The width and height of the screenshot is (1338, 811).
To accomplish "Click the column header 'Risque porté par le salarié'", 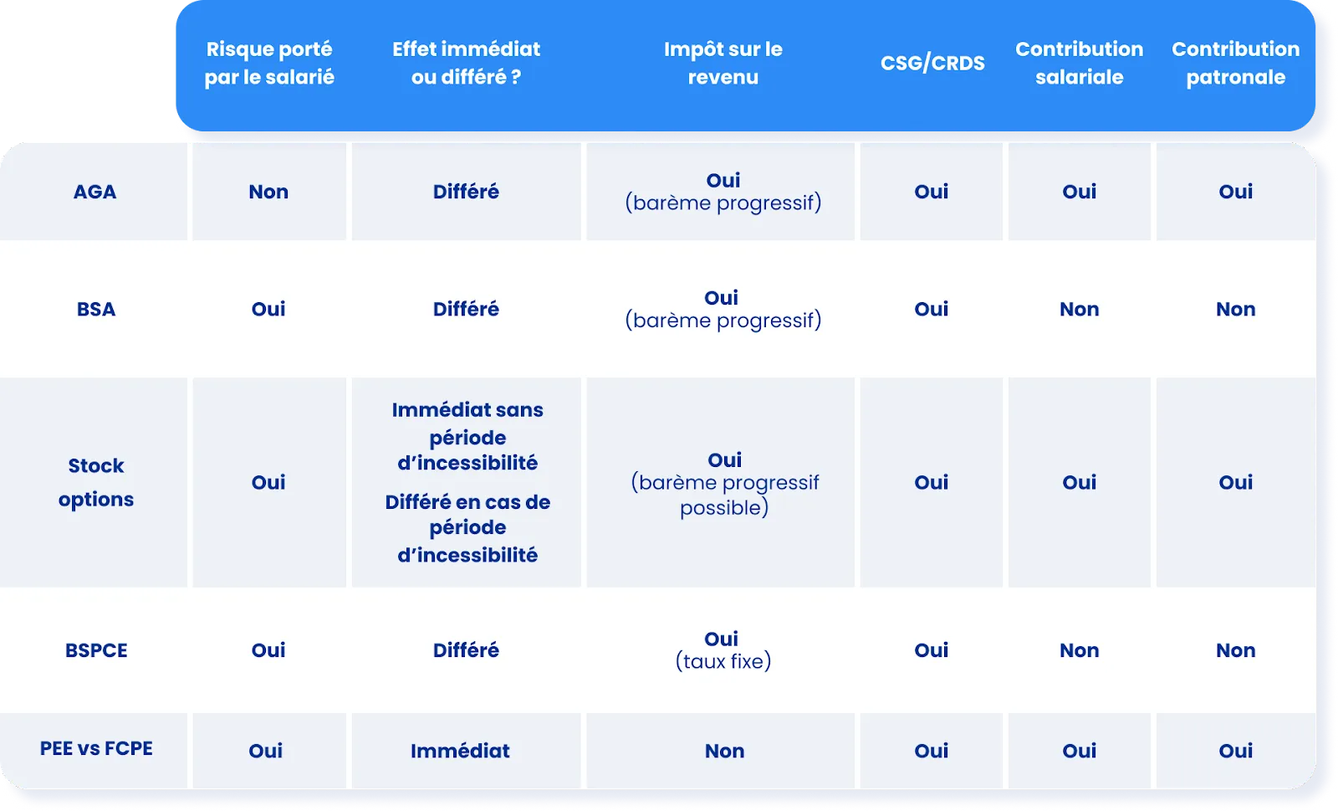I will coord(269,63).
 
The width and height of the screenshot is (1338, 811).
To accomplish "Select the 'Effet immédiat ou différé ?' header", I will coord(467,63).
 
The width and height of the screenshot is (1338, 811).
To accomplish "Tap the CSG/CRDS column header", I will coord(932,63).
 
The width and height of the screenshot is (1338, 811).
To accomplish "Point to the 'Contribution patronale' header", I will coord(1235,63).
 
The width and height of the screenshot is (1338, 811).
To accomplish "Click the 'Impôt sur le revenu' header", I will coord(723,63).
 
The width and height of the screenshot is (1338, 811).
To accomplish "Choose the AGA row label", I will coord(94,192).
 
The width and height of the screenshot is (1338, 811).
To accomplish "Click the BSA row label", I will coord(96,309).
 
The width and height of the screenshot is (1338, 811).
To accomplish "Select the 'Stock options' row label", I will coord(96,482).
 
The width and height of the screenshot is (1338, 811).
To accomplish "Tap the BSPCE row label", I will coord(96,650).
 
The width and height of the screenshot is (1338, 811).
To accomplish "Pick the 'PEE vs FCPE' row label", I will coord(96,748).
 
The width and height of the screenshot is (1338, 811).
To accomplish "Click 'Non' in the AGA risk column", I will coord(268,192).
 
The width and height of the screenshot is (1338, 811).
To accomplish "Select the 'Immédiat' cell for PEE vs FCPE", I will coord(460,751).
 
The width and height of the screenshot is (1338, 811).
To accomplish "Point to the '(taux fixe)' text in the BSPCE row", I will coord(723,662).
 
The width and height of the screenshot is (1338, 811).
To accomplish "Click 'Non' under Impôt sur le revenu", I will coord(724,751).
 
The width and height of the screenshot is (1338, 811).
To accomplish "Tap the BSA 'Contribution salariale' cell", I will coord(1079,309).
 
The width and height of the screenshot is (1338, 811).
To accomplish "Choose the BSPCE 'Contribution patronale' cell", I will coord(1235,650).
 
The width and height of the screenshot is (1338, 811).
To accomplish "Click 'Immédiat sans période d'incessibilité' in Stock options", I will coord(467,436).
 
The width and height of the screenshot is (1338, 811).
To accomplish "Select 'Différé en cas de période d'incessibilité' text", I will coord(467,528).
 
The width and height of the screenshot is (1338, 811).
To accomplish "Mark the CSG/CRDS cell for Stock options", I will coord(931,482).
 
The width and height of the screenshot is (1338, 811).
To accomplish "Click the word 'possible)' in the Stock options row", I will coord(724,508).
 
